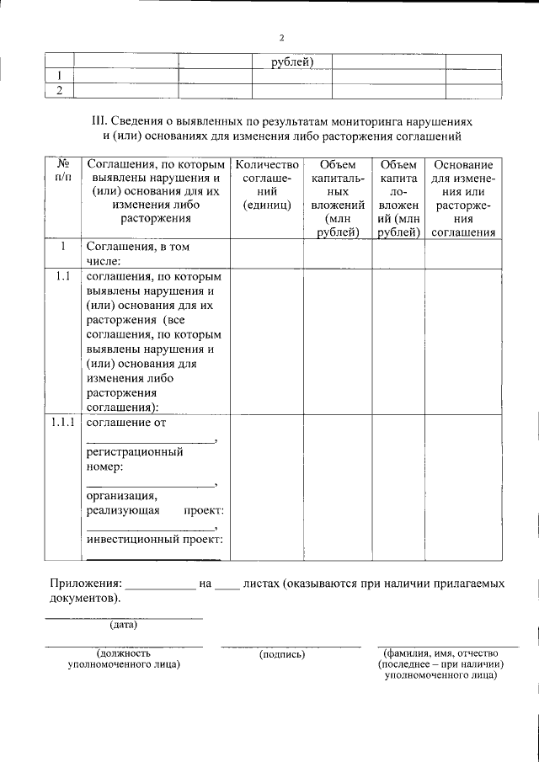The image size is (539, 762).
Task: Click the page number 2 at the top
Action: point(282,38)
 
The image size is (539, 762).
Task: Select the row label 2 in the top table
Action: point(59,90)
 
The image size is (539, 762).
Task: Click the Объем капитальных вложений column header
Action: point(339,199)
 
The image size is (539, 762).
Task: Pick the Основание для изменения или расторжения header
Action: point(462,199)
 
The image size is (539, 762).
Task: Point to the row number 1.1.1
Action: point(62,423)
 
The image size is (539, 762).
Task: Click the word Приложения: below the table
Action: point(85,583)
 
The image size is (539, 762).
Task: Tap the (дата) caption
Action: point(123,625)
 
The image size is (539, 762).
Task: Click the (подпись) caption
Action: point(283,653)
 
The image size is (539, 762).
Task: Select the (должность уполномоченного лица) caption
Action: point(124,658)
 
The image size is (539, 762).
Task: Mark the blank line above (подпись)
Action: point(291,646)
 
